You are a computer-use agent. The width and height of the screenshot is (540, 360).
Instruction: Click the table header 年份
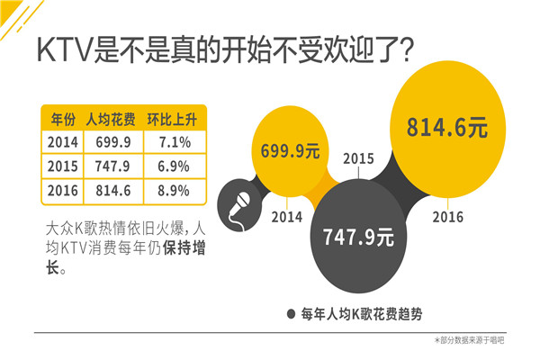(x=62, y=119)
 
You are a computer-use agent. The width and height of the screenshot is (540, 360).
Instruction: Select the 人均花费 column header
(x=110, y=119)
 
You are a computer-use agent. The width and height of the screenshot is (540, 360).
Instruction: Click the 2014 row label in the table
(x=62, y=143)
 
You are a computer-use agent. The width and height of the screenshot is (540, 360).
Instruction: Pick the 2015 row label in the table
(x=62, y=166)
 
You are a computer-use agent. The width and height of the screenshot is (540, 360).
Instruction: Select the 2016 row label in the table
(x=62, y=190)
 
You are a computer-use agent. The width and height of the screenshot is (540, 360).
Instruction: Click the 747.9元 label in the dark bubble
(x=358, y=238)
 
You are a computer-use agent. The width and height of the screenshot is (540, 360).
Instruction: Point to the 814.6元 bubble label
(x=446, y=127)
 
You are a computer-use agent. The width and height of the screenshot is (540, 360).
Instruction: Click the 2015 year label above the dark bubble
(x=357, y=159)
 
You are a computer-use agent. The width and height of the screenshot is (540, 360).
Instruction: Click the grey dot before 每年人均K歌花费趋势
(x=291, y=313)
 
